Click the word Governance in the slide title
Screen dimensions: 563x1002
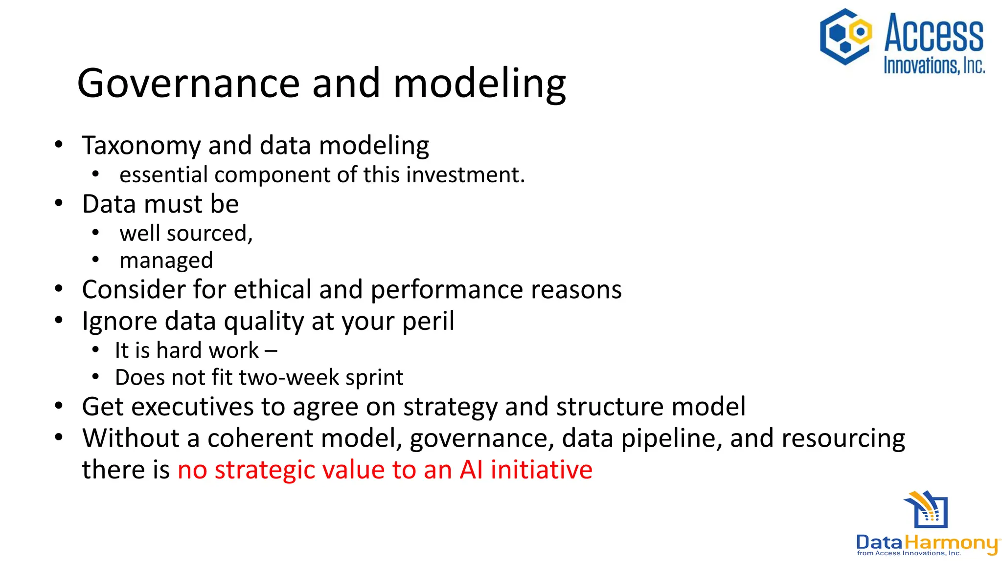(x=188, y=84)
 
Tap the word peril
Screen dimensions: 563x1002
(x=428, y=322)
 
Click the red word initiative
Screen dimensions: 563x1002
(x=541, y=470)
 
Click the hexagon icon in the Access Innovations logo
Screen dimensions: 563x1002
(x=845, y=37)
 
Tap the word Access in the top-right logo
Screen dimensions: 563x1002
(x=934, y=33)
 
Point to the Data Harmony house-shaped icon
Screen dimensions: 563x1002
(x=926, y=510)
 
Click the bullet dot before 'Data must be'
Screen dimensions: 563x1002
(x=59, y=203)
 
